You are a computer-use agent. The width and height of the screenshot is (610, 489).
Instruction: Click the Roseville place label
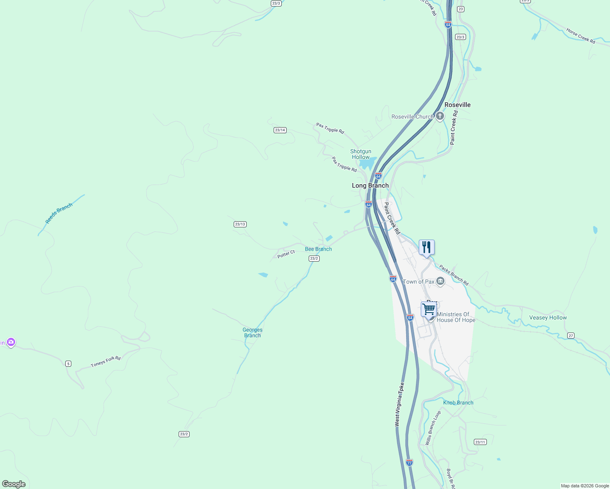457,105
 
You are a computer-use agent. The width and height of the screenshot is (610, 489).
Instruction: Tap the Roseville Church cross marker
440,117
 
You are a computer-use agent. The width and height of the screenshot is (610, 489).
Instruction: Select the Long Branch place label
370,185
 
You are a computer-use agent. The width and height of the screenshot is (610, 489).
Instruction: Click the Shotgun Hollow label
361,154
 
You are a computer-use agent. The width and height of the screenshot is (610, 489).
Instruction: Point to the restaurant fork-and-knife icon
427,247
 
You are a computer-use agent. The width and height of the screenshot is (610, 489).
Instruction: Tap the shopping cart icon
429,309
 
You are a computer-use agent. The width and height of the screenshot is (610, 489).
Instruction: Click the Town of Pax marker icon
440,281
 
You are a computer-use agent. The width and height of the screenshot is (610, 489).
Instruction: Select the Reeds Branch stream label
59,213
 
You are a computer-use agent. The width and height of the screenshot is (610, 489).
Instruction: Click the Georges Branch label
252,333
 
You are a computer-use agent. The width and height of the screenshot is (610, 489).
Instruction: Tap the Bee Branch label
318,249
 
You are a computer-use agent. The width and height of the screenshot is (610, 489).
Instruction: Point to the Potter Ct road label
286,254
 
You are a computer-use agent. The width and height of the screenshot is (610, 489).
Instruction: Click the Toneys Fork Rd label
106,361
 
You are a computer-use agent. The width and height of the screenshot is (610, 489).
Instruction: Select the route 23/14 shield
280,130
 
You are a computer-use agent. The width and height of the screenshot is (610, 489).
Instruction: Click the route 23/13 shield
240,224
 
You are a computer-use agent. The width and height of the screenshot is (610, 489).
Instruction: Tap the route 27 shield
570,335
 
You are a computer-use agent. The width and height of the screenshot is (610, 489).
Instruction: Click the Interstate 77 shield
409,463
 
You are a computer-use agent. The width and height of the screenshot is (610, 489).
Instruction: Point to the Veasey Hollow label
548,317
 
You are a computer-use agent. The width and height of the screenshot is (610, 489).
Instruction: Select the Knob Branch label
458,403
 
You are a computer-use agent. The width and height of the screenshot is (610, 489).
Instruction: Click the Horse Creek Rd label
581,36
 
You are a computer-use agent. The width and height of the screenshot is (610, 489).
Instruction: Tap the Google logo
14,484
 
